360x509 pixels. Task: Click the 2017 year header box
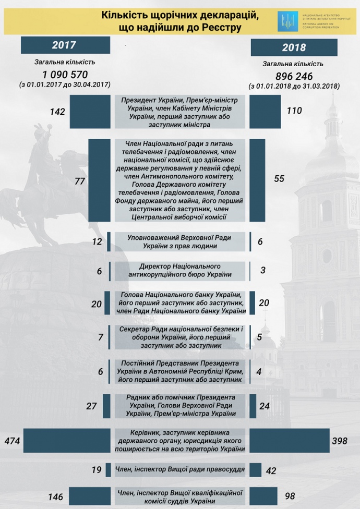tap(65, 45)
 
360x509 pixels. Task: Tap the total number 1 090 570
tap(65, 74)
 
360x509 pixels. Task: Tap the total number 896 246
tap(294, 76)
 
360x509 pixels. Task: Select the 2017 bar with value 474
tap(69, 441)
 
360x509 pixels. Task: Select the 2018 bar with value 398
tap(289, 441)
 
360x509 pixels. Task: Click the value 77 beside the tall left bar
tap(80, 180)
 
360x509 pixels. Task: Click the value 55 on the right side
tap(279, 178)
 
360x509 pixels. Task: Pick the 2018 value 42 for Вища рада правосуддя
tap(271, 470)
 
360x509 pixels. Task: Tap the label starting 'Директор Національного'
tap(179, 271)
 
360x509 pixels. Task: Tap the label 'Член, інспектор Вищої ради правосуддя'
tap(179, 469)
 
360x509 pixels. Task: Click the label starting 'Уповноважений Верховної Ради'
tap(179, 241)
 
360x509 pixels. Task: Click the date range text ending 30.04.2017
tap(65, 84)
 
